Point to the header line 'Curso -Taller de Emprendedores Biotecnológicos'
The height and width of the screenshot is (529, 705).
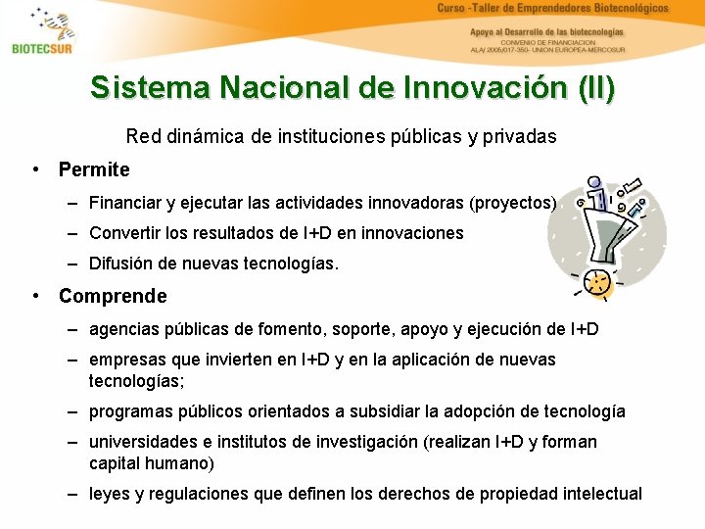pos(552,9)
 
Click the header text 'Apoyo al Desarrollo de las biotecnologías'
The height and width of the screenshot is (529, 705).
pos(546,31)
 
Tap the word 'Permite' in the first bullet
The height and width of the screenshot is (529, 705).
pos(94,169)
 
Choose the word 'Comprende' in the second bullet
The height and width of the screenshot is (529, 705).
pos(113,296)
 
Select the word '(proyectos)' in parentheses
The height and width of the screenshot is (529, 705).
pos(513,204)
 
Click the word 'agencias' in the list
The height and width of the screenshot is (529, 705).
pos(121,330)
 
